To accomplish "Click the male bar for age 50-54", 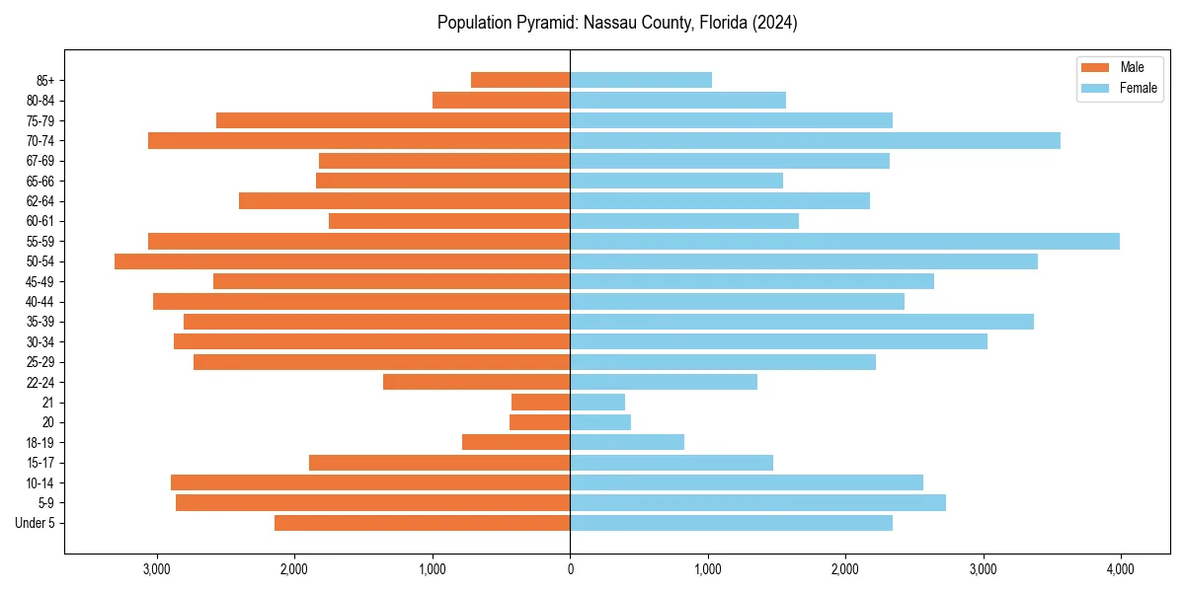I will click(x=342, y=261).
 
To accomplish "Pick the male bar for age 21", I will click(x=540, y=402).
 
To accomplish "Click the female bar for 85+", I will click(x=641, y=80).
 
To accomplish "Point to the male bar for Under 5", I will click(x=422, y=523).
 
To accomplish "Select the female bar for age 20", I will click(x=600, y=422).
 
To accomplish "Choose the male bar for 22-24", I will click(x=476, y=382).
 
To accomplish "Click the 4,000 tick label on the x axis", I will click(x=1120, y=569).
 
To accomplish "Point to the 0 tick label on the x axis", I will click(x=570, y=569).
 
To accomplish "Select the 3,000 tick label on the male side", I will click(x=157, y=569).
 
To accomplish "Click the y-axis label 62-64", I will click(x=40, y=201).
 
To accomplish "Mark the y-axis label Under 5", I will click(x=36, y=523).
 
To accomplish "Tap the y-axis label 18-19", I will click(x=40, y=442).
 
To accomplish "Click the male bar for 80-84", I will click(x=501, y=101).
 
